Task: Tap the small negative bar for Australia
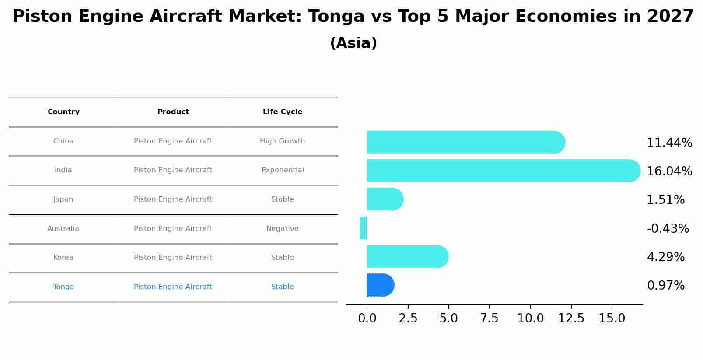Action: tap(364, 228)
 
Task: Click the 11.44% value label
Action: tap(669, 143)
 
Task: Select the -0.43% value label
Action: tap(668, 228)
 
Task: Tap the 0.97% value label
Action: tap(665, 286)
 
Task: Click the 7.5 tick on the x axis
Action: tap(489, 318)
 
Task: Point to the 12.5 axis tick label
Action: tap(571, 318)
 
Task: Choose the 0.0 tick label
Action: tap(367, 318)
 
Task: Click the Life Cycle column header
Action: tap(282, 112)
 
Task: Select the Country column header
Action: tap(63, 112)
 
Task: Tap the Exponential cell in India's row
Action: tap(282, 170)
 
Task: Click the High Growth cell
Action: tap(282, 141)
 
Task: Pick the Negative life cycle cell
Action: tap(282, 228)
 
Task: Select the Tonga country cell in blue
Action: tap(63, 287)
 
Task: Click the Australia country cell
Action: tap(63, 228)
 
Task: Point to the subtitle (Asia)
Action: tap(353, 43)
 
